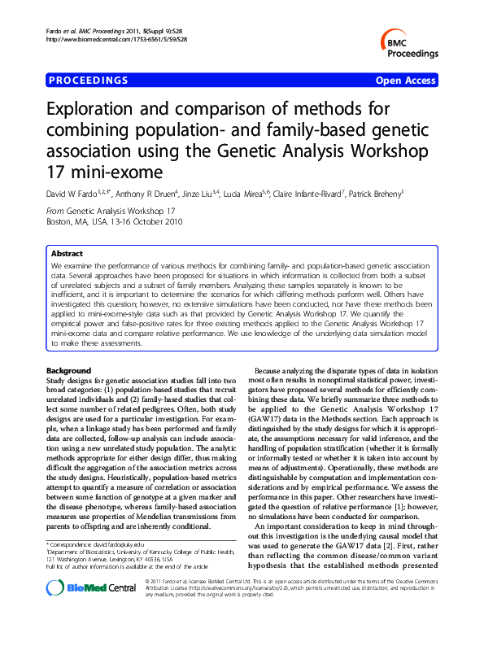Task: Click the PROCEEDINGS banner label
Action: pos(89,81)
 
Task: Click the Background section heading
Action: pos(70,371)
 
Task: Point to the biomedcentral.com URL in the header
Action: pos(109,39)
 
